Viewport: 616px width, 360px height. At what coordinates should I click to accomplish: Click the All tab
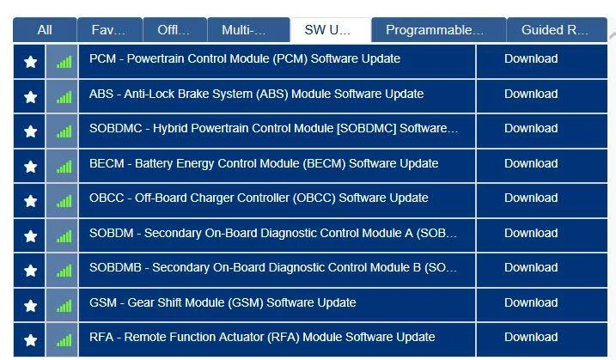coord(45,30)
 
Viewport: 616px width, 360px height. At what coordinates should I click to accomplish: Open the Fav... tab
coord(110,30)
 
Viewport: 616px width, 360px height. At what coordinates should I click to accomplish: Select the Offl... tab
coord(174,30)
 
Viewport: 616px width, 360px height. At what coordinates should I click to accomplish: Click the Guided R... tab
coord(557,30)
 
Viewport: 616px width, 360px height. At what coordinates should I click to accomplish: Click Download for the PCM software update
coord(531,59)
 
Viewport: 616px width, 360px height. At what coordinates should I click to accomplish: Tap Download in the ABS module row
coord(531,94)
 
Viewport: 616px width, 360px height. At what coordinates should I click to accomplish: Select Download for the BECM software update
coord(531,163)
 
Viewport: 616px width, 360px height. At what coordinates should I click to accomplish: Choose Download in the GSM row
coord(531,302)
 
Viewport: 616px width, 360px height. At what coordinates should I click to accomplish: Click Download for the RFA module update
coord(531,337)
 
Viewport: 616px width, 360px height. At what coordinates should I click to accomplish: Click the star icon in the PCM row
coord(30,62)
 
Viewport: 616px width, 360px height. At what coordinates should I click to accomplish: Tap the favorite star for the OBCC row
coord(30,201)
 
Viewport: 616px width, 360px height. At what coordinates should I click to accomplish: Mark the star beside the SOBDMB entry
coord(30,271)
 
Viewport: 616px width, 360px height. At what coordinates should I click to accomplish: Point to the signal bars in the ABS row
coord(64,97)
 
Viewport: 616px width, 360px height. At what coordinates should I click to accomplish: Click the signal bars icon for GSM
coord(64,306)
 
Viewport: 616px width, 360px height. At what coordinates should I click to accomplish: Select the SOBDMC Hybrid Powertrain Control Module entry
coord(273,129)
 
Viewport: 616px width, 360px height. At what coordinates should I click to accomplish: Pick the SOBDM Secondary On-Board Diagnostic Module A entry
coord(273,233)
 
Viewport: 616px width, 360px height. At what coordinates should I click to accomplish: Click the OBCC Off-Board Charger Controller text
coord(259,198)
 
